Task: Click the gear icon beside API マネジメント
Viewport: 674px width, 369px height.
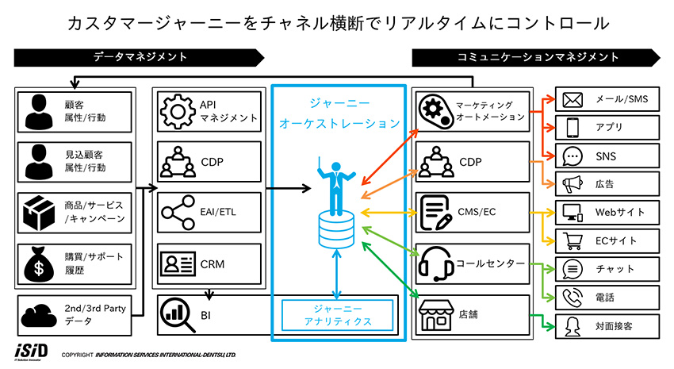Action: [178, 112]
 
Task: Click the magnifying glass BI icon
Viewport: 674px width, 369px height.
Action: [177, 313]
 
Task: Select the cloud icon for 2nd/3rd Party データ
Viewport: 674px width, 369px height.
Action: [40, 313]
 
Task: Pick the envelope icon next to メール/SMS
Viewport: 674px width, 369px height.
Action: [573, 100]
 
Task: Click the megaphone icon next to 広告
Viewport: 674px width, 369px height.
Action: [573, 184]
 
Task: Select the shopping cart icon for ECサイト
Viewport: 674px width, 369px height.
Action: [573, 240]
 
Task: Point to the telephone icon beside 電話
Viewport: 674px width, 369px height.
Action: [573, 298]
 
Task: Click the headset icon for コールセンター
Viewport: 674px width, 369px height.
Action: [435, 262]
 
